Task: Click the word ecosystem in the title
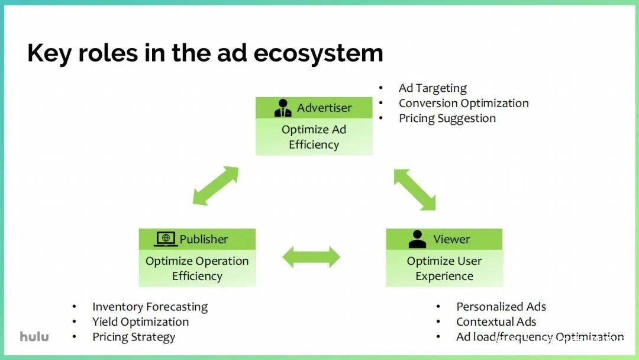coord(318,53)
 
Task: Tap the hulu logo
coord(34,336)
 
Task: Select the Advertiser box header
coord(314,108)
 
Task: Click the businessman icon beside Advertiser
coord(283,108)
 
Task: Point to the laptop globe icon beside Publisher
coord(166,239)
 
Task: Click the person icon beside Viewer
coord(417,239)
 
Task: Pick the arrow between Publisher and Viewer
coord(311,257)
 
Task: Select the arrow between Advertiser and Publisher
coord(215,185)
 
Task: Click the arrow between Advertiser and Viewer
coord(415,189)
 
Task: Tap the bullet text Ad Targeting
coord(433,88)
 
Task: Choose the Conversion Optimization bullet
coord(464,104)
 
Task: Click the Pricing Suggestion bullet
coord(447,118)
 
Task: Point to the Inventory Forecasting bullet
coord(150,307)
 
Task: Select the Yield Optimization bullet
coord(141,322)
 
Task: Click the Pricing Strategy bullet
coord(134,337)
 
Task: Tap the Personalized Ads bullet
coord(501,307)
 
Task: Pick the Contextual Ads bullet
coord(496,322)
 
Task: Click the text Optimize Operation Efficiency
coord(197,269)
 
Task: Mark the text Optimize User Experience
coord(444,269)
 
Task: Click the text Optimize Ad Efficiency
coord(314,137)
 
